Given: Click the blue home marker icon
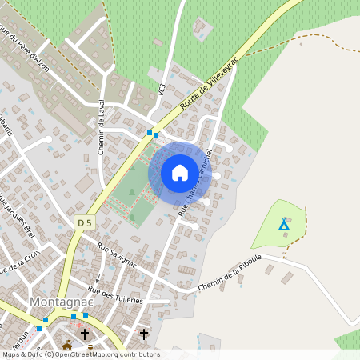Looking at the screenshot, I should (x=179, y=172).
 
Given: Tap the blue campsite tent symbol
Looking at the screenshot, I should (x=283, y=224).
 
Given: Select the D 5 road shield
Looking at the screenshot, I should (x=85, y=221).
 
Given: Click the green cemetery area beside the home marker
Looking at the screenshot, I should (x=128, y=192).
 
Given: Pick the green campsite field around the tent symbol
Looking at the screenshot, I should (x=276, y=232).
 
